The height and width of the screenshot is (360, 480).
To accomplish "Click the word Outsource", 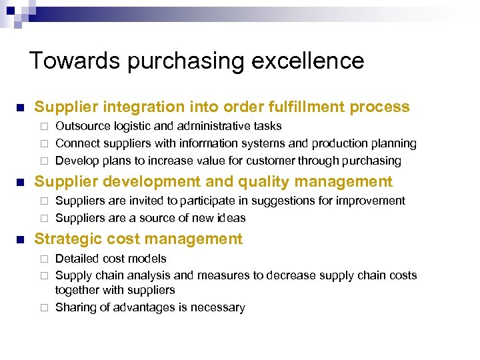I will coord(83,126).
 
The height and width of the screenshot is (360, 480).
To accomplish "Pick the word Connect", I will coord(77,143).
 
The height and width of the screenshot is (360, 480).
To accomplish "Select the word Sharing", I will coord(75,307).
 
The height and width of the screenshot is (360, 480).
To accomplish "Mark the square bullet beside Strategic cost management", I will coord(20,239).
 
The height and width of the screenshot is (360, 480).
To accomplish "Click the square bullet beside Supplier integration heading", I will coord(20,107).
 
